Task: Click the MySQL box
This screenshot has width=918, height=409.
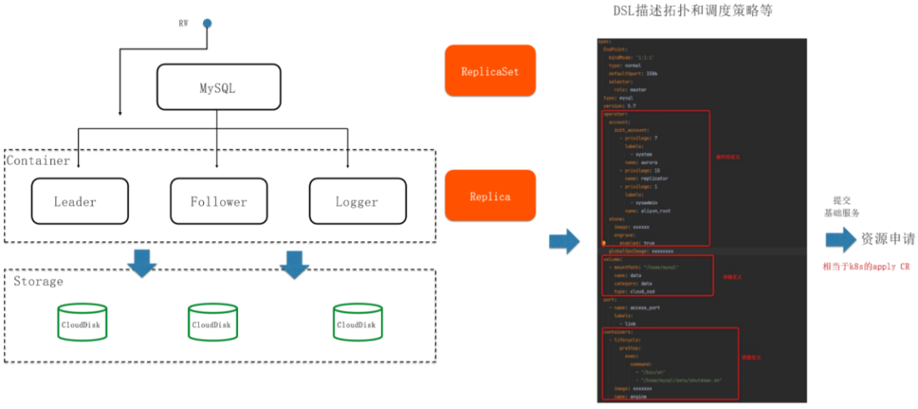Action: pos(219,88)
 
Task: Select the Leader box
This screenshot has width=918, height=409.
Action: pos(79,202)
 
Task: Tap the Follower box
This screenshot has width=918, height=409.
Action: pos(218,202)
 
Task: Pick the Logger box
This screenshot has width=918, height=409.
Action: pos(357,202)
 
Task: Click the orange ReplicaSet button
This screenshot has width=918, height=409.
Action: pos(490,71)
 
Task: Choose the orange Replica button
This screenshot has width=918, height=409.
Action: pos(490,196)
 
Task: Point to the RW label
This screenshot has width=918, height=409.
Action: pos(183,23)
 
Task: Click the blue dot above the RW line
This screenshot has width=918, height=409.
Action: pos(207,23)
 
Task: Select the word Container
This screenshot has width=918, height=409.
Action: pos(38,161)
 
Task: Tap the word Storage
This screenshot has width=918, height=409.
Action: pos(38,281)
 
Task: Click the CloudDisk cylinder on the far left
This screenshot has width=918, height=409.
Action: pos(82,323)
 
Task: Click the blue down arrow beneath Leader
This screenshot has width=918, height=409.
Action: pos(141,264)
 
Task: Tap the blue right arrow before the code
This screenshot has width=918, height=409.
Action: pos(564,241)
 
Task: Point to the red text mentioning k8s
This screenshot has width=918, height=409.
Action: pos(865,265)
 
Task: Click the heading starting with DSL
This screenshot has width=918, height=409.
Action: pos(693,12)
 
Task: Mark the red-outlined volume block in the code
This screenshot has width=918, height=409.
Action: pos(657,275)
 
